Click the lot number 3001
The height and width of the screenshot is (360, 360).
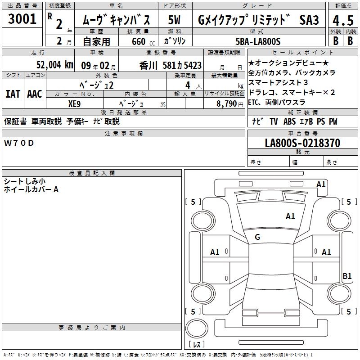pos(22,19)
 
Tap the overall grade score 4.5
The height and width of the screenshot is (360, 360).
pos(343,20)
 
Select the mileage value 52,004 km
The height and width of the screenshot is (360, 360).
pos(55,65)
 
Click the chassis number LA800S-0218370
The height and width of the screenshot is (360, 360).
pos(302,143)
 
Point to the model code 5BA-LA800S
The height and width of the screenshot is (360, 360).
pos(258,41)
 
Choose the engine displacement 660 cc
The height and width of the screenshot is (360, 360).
pos(143,42)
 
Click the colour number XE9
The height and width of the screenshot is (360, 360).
pos(74,104)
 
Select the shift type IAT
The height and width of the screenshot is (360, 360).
pos(13,94)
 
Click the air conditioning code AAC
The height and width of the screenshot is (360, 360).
pos(35,94)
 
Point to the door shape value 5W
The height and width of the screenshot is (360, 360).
pos(174,20)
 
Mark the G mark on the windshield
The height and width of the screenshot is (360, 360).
pos(257,237)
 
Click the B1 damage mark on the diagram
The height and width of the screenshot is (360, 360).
pos(347,276)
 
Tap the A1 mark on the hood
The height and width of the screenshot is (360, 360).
pos(290,216)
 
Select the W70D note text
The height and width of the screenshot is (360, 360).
pos(19,143)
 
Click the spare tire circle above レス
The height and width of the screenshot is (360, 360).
pos(197,328)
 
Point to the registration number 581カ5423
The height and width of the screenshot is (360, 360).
pos(182,66)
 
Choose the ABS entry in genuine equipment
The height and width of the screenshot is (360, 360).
pos(289,121)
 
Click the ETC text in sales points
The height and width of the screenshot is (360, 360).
pos(253,102)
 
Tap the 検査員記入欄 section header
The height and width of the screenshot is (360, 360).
pos(92,173)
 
